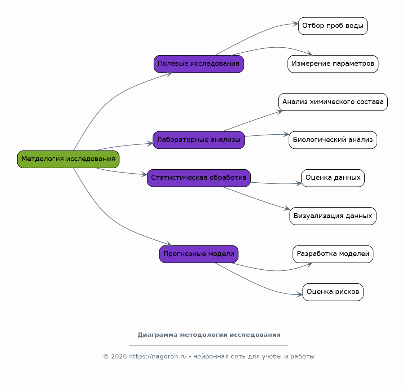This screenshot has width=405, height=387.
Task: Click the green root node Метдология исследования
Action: coord(68,159)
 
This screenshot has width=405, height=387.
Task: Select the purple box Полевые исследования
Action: coord(199,64)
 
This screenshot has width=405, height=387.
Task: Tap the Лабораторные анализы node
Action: coord(199,140)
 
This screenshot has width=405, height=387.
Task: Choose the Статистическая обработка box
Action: coord(199,178)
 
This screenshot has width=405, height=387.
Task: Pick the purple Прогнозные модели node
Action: coord(199,254)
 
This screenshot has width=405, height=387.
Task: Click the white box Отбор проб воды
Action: coord(333,26)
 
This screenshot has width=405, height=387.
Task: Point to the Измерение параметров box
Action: coord(333,64)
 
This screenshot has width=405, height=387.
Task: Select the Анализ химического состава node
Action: coord(333,102)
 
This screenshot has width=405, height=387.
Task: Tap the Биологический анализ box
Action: coord(333,140)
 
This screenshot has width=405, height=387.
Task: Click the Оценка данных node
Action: coord(333,178)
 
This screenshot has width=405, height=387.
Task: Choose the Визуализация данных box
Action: coord(333,216)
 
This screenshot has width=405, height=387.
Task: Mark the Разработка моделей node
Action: coord(333,254)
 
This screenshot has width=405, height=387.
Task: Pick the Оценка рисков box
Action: coord(333,292)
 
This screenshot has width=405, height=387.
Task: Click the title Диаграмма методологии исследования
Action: coord(209,335)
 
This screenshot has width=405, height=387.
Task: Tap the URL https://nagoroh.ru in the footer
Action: coord(158,357)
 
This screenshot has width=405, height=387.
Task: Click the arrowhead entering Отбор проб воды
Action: coord(295,23)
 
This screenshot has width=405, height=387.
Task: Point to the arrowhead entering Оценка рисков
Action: coord(300,295)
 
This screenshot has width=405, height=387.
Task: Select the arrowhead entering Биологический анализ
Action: coord(286,134)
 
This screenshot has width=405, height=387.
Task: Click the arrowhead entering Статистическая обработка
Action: coord(144,174)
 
